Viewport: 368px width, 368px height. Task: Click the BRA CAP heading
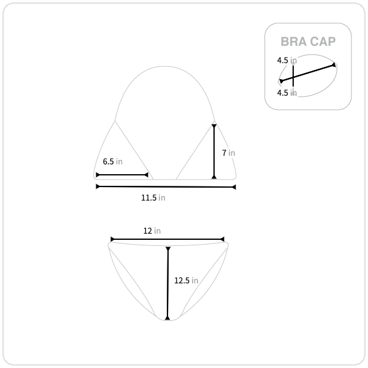point(308,42)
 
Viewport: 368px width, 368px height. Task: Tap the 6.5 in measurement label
point(113,161)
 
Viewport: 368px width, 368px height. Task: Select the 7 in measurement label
point(229,153)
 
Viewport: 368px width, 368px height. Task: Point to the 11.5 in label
point(153,197)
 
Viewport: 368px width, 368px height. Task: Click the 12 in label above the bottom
point(152,231)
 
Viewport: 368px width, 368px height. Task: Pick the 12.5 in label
point(186,280)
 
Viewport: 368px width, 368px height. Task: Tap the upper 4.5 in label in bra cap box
point(287,60)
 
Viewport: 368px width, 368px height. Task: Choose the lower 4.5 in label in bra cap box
point(287,93)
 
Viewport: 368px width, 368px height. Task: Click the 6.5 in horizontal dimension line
point(122,175)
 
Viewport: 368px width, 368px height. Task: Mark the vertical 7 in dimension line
point(214,151)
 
